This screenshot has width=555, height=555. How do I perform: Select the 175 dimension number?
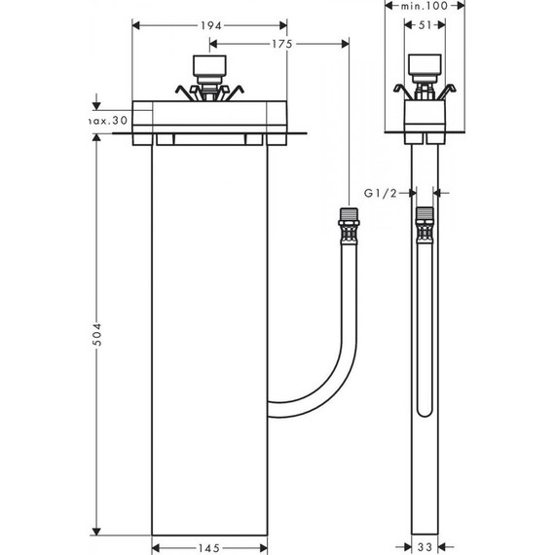[x=283, y=44]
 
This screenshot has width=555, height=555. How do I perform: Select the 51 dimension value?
[x=425, y=27]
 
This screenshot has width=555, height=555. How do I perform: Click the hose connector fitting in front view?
[x=348, y=227]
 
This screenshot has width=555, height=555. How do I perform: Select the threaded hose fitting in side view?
[x=425, y=226]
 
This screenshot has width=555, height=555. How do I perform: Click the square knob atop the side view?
[x=425, y=67]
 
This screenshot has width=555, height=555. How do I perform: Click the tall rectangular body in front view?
[x=209, y=341]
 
